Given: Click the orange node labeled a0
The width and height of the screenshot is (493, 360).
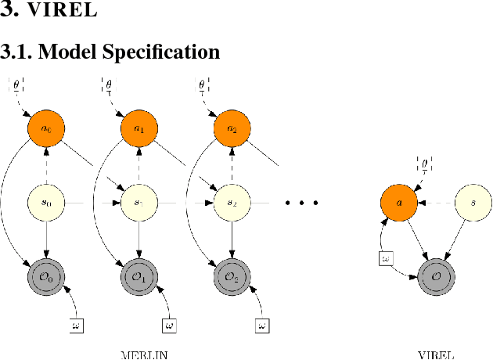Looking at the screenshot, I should [x=47, y=128].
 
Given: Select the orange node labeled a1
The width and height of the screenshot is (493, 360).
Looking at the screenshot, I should [x=139, y=128].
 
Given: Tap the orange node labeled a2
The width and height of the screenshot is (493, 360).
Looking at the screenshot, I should [x=232, y=128].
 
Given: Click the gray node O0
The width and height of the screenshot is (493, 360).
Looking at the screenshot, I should [x=47, y=276].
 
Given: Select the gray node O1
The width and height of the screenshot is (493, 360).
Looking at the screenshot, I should [x=139, y=276].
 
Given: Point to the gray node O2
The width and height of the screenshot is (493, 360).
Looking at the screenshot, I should [x=232, y=276].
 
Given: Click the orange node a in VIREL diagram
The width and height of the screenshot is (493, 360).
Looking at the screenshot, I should [x=400, y=202].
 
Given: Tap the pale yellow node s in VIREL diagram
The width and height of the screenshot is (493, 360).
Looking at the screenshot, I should [x=473, y=202].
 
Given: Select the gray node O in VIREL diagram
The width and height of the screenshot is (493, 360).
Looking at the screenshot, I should [x=437, y=276].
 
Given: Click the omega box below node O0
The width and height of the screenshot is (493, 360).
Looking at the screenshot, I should [x=77, y=324].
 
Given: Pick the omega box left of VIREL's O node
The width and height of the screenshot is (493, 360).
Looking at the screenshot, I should [x=384, y=257].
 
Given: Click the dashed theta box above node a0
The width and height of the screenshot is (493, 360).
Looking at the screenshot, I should [x=16, y=85].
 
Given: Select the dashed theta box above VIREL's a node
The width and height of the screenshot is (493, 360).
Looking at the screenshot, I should [x=425, y=166].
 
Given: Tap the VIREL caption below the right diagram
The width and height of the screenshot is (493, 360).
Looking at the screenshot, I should [x=437, y=354].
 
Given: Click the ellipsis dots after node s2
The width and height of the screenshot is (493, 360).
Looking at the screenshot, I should [x=301, y=203].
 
